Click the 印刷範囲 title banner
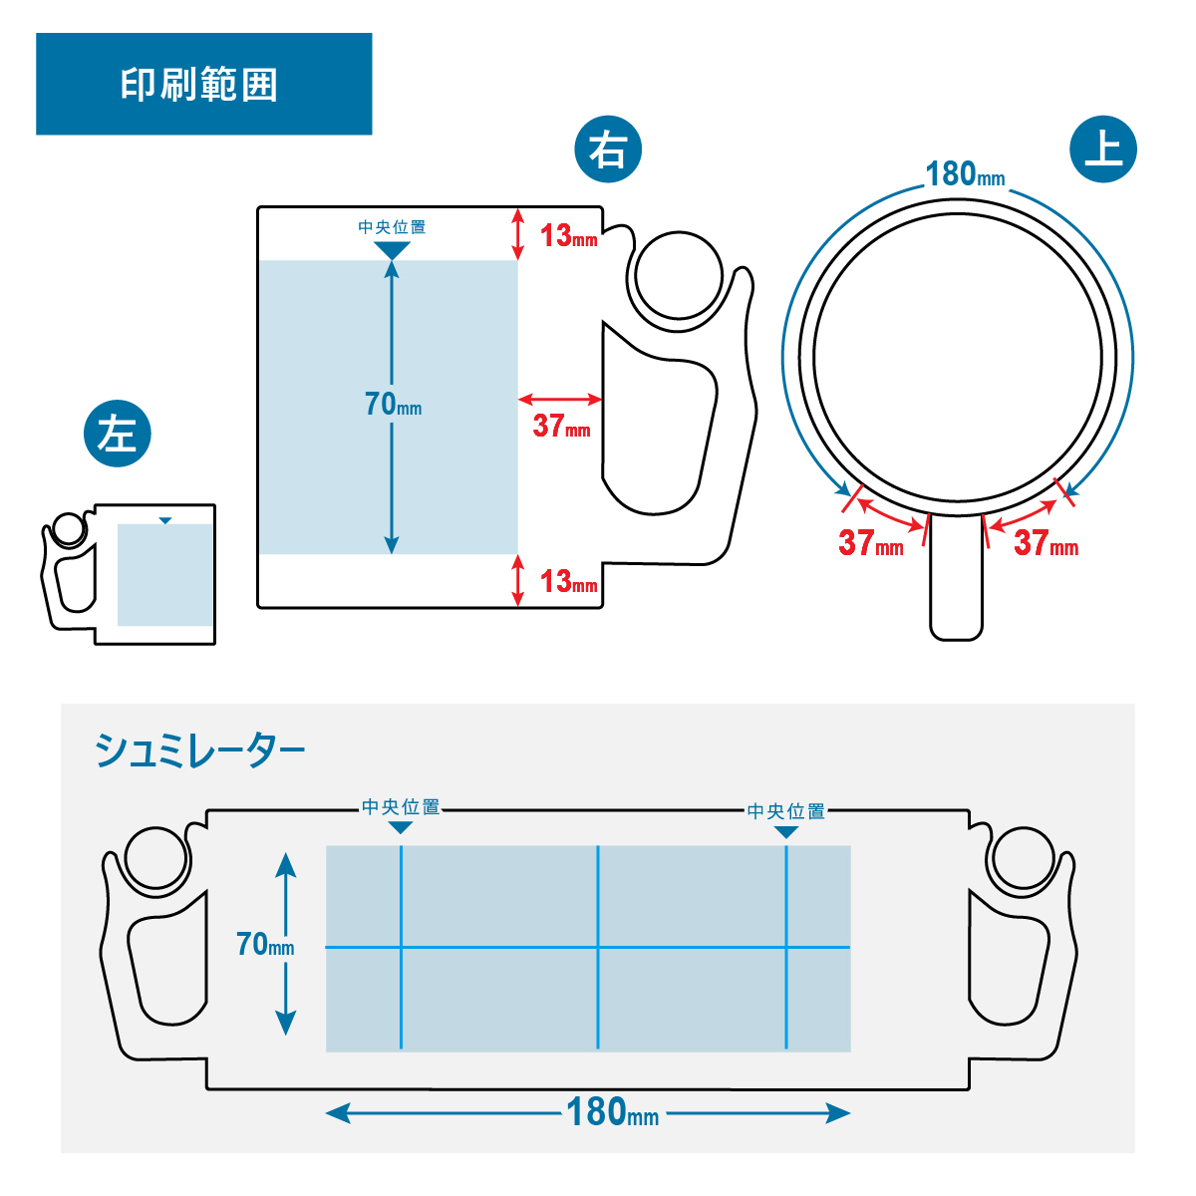pyautogui.click(x=203, y=84)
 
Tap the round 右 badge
pyautogui.click(x=608, y=150)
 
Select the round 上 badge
pyautogui.click(x=1103, y=149)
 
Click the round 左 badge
pyautogui.click(x=118, y=434)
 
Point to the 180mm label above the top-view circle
pyautogui.click(x=965, y=174)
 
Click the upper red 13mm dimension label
pyautogui.click(x=568, y=236)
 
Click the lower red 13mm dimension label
pyautogui.click(x=568, y=582)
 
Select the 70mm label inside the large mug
pyautogui.click(x=393, y=404)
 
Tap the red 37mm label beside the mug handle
pyautogui.click(x=561, y=427)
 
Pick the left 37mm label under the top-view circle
pyautogui.click(x=870, y=543)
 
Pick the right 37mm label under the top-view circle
pyautogui.click(x=1046, y=543)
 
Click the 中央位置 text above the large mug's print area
pyautogui.click(x=392, y=227)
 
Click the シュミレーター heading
pyautogui.click(x=199, y=750)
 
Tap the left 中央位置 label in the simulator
pyautogui.click(x=401, y=807)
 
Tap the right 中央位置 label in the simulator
pyautogui.click(x=786, y=811)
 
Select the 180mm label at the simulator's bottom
pyautogui.click(x=612, y=1112)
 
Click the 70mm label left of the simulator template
pyautogui.click(x=265, y=944)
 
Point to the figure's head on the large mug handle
pyautogui.click(x=679, y=275)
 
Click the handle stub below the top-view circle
pyautogui.click(x=956, y=578)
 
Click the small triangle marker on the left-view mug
pyautogui.click(x=165, y=520)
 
